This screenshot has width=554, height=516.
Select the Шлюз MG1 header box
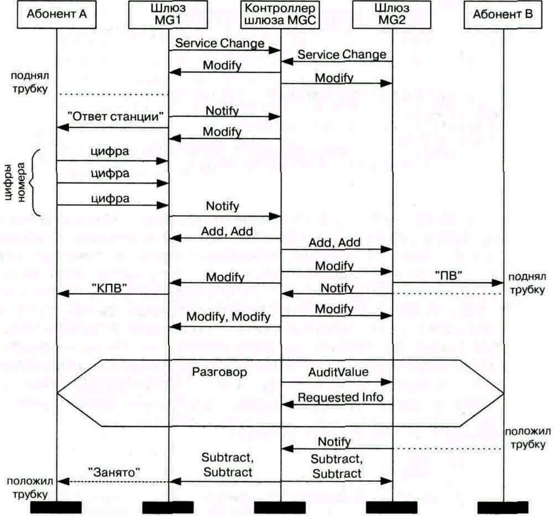(x=169, y=15)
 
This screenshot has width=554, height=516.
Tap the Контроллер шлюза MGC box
(x=280, y=15)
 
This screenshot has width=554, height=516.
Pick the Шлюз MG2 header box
(x=392, y=15)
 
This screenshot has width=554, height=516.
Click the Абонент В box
(x=503, y=15)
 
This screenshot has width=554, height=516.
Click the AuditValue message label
(x=338, y=372)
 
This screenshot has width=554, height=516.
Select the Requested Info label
(x=341, y=397)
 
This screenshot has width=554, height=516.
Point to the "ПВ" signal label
(x=448, y=274)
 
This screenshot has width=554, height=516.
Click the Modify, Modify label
(x=228, y=317)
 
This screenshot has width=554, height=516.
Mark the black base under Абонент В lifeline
(x=503, y=507)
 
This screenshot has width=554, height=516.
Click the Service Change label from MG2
(x=342, y=54)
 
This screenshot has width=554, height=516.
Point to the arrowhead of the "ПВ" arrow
(x=498, y=283)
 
